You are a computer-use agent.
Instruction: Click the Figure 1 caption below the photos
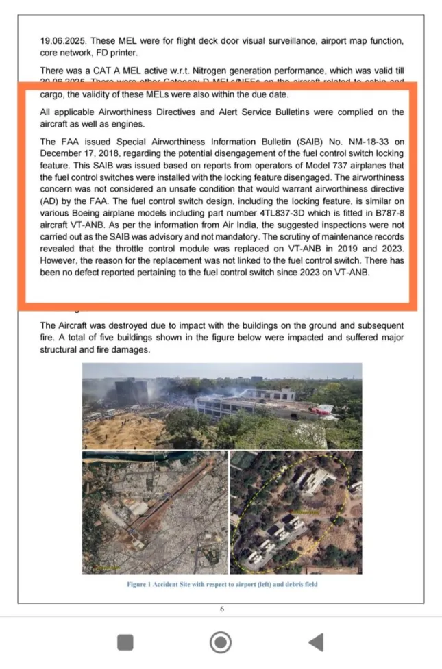(x=222, y=584)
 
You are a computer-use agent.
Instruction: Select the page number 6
(x=222, y=609)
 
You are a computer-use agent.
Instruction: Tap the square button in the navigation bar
(x=125, y=642)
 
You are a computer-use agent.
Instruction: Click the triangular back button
(x=316, y=642)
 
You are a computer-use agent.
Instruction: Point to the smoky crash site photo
(x=222, y=406)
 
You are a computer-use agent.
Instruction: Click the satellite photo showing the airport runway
(x=154, y=512)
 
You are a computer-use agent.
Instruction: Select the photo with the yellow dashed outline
(x=296, y=512)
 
